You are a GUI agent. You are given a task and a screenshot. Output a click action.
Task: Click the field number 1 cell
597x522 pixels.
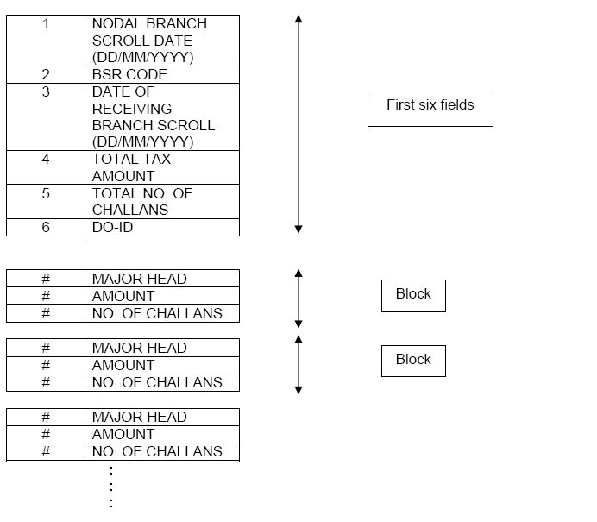(x=46, y=41)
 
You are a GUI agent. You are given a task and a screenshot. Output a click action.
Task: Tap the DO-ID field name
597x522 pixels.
(x=114, y=227)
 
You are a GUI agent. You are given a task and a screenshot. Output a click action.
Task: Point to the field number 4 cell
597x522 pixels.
(x=46, y=167)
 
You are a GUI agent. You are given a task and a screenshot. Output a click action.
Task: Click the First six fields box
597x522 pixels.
(x=430, y=109)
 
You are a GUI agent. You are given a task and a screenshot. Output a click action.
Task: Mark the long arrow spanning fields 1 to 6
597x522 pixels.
(x=298, y=123)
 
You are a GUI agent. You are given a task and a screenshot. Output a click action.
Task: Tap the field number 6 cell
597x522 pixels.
(x=46, y=227)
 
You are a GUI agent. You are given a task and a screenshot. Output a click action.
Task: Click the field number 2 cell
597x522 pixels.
(x=46, y=75)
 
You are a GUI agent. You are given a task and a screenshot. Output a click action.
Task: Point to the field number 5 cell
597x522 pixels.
(x=46, y=202)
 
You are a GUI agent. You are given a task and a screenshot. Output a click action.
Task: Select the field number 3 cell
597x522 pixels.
(x=46, y=116)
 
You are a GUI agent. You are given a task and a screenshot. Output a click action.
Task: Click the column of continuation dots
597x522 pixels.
(x=111, y=487)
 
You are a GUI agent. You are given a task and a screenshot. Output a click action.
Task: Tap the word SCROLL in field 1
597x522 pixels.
(x=119, y=41)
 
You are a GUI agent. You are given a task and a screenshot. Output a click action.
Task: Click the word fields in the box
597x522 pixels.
(x=456, y=105)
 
